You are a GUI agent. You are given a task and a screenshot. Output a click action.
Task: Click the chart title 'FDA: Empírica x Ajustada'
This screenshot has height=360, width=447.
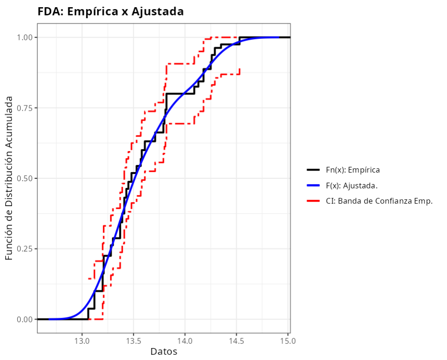pos(111,12)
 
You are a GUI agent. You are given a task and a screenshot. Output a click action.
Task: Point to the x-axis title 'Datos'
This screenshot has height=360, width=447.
pos(164,352)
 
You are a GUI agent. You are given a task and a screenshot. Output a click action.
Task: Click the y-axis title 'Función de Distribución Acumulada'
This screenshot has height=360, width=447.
pos(10,178)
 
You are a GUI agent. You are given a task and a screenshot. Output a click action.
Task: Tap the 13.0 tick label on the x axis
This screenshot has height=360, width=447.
pos(82,341)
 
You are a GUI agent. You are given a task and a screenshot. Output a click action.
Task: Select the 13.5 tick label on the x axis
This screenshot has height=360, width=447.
pos(133,341)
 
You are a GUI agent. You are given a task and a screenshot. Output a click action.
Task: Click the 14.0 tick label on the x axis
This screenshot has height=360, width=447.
pos(185,341)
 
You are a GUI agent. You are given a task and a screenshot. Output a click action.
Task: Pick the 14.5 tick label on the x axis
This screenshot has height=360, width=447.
pos(237,341)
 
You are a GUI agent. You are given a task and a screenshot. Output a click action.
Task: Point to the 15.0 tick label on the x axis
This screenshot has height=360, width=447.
pos(288,341)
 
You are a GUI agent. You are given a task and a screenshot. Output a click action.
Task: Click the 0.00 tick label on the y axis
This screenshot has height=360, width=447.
pos(24,319)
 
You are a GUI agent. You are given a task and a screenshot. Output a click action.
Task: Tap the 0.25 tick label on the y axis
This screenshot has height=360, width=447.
pos(24,249)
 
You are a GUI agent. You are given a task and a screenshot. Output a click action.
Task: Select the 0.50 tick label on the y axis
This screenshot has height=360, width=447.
pos(24,178)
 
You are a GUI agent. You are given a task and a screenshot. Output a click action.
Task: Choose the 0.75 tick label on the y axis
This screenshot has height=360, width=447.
pos(24,108)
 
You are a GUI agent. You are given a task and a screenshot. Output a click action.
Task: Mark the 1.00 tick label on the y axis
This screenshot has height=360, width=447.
pos(24,37)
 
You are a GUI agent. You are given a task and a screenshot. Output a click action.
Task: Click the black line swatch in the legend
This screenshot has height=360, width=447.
pos(313,170)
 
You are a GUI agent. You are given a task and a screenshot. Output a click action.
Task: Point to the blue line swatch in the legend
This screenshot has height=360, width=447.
pos(313,186)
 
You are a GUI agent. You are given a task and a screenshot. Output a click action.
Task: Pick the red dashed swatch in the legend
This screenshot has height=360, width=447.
pos(313,201)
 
